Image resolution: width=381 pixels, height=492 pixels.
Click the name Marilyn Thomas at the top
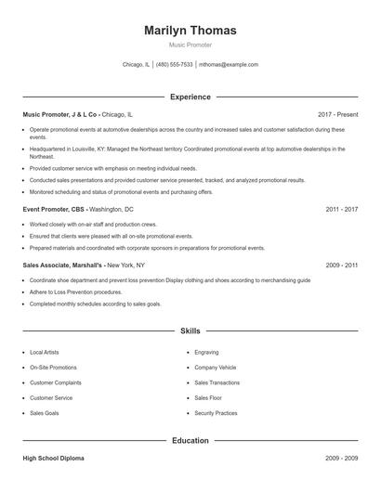[190, 31]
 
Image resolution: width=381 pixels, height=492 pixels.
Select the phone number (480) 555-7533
[175, 65]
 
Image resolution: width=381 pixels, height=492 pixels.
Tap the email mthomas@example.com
[229, 65]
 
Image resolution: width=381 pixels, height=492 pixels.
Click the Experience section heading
[190, 97]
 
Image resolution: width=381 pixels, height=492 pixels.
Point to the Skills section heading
[190, 330]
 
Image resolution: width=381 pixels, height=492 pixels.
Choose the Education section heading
[190, 441]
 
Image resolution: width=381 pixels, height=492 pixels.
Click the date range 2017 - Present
[337, 113]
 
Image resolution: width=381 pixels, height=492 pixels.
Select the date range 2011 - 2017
[341, 210]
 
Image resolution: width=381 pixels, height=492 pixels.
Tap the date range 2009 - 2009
[341, 460]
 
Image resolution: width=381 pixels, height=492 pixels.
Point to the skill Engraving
[206, 353]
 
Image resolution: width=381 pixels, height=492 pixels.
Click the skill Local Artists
[45, 353]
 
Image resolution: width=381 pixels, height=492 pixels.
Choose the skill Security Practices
[216, 413]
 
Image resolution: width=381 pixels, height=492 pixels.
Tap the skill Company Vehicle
[215, 368]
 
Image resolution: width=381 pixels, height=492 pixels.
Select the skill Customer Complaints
[56, 382]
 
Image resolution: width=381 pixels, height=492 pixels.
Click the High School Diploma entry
[54, 460]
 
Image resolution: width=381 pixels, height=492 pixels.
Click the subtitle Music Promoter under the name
[190, 45]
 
